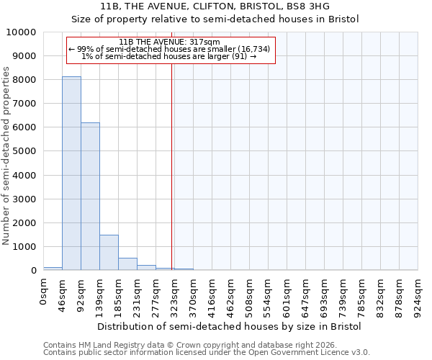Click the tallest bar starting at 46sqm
coord(71,173)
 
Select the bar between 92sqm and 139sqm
coord(90,196)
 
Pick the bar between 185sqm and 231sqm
coord(127,264)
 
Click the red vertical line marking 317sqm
coord(172,166)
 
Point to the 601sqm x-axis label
coord(288,296)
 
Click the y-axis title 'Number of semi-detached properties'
coord(7,156)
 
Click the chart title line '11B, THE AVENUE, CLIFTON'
coord(215,6)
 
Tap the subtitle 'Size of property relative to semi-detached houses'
coord(215,19)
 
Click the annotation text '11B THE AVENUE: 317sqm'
coord(170,42)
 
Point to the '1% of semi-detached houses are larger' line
coord(170,56)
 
